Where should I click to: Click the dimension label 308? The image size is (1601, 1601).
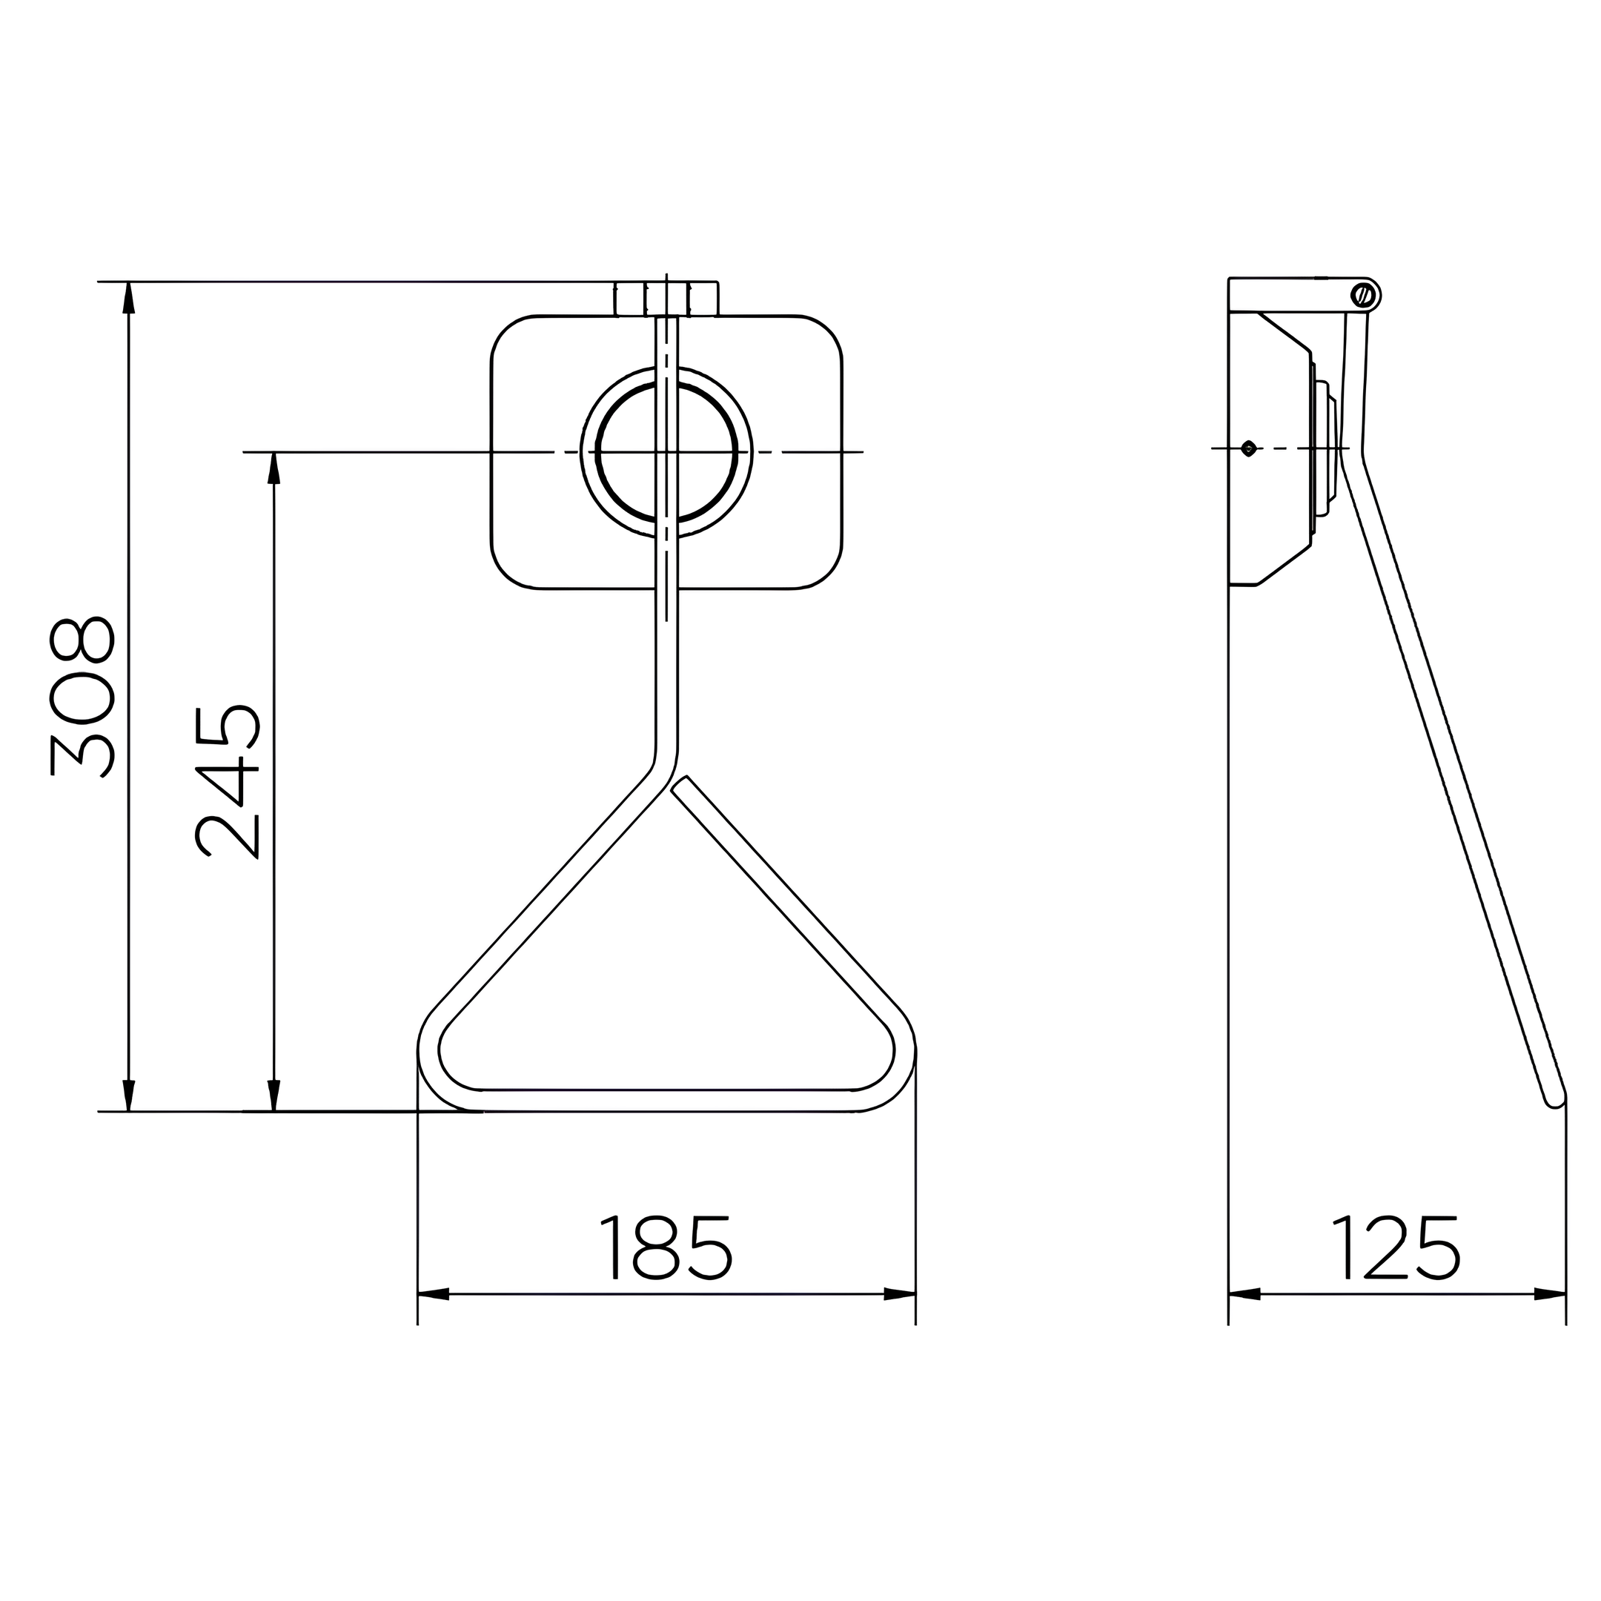pyautogui.click(x=82, y=696)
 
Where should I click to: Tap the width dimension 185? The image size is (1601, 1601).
pyautogui.click(x=666, y=1248)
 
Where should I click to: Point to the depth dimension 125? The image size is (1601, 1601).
pyautogui.click(x=1396, y=1248)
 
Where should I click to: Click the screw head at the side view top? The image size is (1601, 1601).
pyautogui.click(x=1363, y=294)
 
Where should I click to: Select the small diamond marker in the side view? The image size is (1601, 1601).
pyautogui.click(x=1249, y=448)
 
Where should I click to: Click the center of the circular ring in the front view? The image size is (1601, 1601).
pyautogui.click(x=667, y=451)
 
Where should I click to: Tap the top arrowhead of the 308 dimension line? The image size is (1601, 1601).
pyautogui.click(x=128, y=297)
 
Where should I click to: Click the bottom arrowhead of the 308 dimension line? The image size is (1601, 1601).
pyautogui.click(x=128, y=1095)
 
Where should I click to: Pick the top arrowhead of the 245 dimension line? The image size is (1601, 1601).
pyautogui.click(x=274, y=468)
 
